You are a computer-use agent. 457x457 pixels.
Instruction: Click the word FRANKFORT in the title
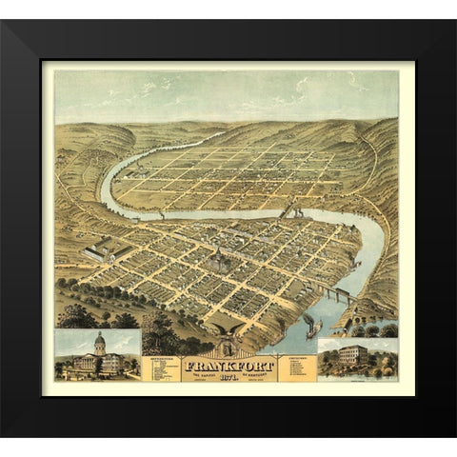click(x=228, y=365)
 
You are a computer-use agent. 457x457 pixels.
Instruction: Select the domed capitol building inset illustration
click(x=98, y=354)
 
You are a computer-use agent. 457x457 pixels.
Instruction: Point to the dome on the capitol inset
click(x=99, y=340)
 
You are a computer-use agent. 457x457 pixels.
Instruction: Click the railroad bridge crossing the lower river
click(x=339, y=292)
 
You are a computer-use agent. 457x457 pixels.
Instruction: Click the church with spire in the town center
click(x=219, y=259)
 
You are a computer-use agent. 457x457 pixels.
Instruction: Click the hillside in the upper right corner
click(x=376, y=143)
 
